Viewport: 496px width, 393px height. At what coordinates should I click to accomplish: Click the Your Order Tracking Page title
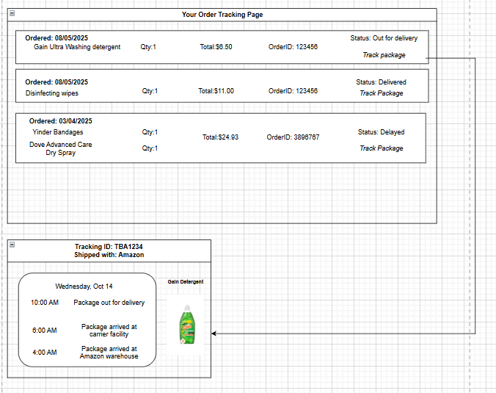[222, 15]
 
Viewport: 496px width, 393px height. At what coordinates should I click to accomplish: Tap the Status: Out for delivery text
[384, 38]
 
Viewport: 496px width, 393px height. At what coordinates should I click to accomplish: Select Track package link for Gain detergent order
[384, 55]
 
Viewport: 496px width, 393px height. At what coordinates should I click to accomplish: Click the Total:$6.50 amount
[216, 47]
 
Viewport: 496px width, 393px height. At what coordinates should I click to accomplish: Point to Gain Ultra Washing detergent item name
[77, 47]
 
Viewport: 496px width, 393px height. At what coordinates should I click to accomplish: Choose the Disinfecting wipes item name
[52, 93]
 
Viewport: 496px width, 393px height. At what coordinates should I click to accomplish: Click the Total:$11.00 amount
[216, 91]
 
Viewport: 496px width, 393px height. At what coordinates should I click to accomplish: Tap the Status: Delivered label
[382, 82]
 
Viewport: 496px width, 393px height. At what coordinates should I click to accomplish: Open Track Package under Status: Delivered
[382, 93]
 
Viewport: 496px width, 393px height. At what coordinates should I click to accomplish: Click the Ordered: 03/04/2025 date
[61, 121]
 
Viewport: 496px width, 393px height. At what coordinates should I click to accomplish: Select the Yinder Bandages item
[58, 132]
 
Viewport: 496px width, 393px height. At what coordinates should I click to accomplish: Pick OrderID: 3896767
[293, 137]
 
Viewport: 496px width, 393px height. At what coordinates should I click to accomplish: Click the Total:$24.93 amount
[220, 137]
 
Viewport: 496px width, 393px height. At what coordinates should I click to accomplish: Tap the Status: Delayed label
[382, 132]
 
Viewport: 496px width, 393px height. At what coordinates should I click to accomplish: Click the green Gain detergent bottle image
[187, 325]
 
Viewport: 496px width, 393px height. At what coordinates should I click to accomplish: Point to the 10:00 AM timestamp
[45, 303]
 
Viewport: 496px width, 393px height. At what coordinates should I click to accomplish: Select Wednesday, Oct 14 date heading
[84, 286]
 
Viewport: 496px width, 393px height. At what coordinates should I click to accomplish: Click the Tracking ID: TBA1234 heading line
[109, 247]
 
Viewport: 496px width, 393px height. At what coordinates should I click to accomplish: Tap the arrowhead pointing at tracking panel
[214, 333]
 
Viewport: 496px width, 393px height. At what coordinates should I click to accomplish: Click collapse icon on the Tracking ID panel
[12, 245]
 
